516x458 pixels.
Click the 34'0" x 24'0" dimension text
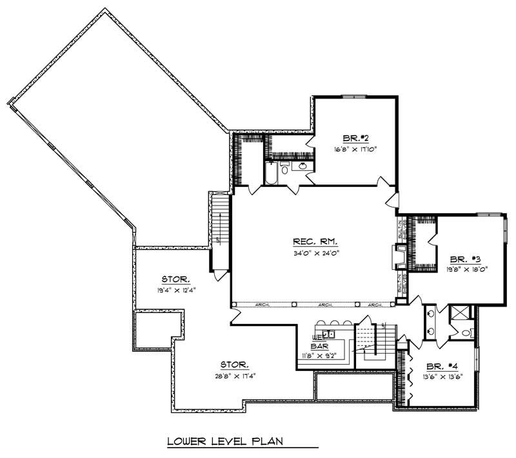tap(315, 253)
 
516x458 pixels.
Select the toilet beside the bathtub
tap(284, 169)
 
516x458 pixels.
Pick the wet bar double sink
tap(328, 334)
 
